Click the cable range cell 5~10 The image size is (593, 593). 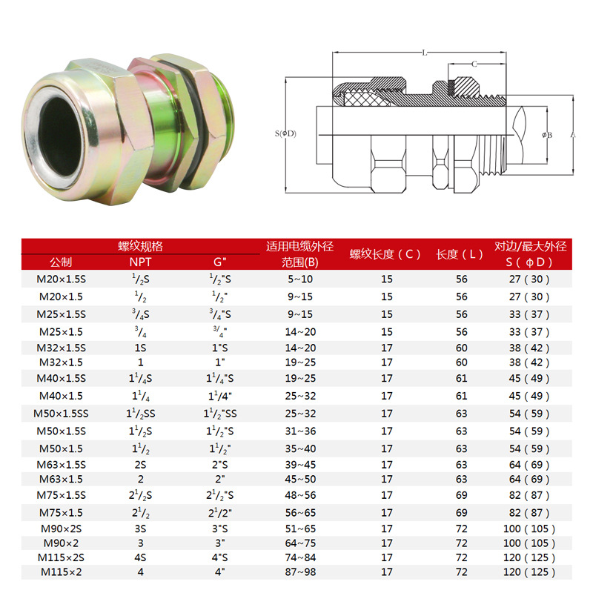point(300,279)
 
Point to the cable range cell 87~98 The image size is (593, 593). point(300,572)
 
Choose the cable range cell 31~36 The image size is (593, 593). point(300,431)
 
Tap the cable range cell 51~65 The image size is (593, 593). point(300,529)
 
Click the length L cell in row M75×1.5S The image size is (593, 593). point(462,494)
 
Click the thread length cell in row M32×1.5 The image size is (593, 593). point(387,362)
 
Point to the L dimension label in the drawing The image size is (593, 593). point(423,53)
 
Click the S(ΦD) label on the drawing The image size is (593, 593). point(285,133)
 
